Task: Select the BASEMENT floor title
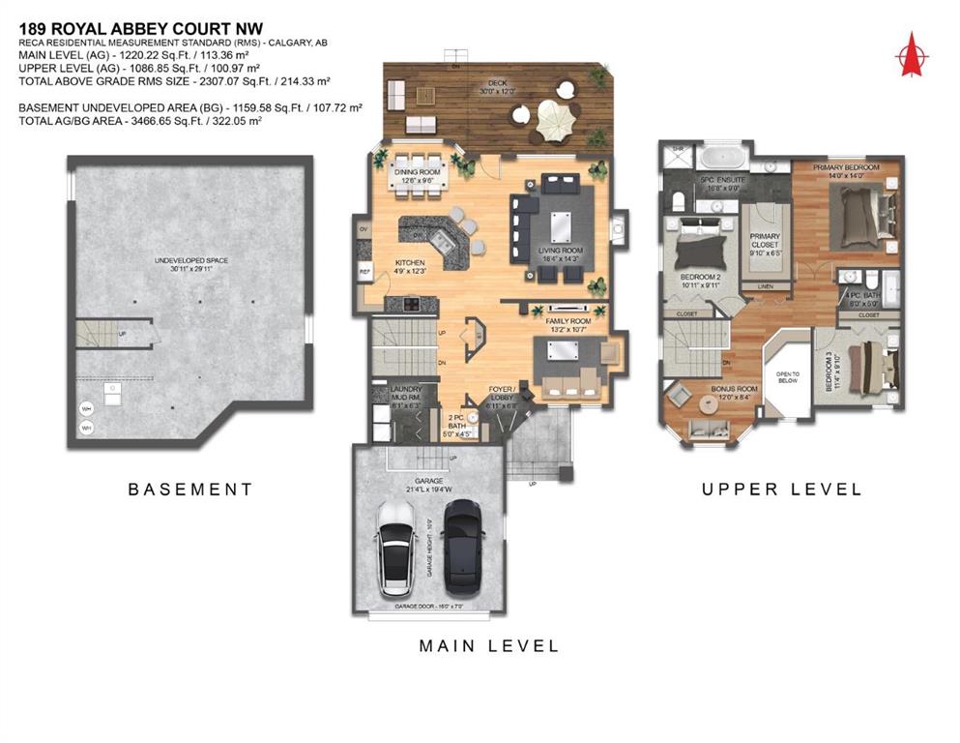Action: (190, 490)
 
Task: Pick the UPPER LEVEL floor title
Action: (781, 490)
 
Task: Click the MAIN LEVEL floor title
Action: (488, 645)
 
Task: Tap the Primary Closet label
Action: (765, 240)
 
